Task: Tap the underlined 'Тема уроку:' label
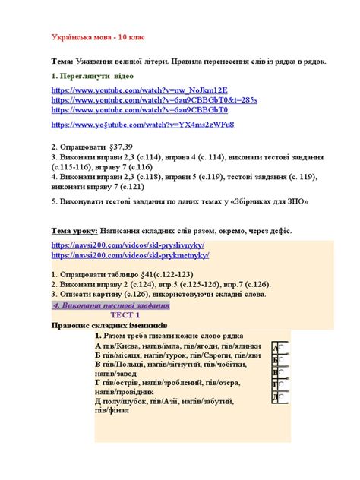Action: (74, 230)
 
